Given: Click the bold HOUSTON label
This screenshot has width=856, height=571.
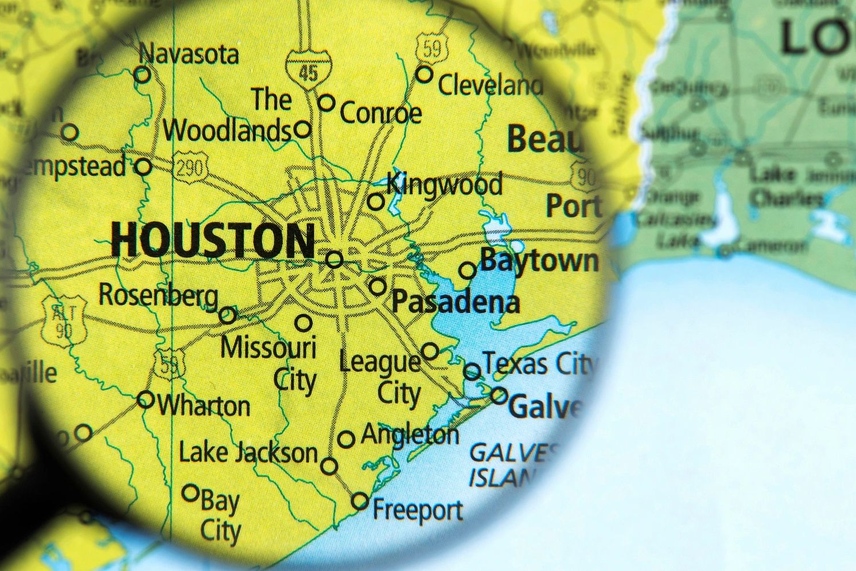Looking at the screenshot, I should [x=212, y=240].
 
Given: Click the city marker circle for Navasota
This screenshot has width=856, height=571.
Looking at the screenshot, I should [x=142, y=75].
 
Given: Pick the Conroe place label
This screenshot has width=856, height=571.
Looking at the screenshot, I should [x=380, y=112].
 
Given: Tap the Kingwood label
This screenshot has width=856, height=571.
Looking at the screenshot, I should [x=445, y=185].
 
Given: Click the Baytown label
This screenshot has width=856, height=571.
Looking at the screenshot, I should [x=539, y=261].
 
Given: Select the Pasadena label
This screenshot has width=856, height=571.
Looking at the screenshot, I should [x=456, y=302].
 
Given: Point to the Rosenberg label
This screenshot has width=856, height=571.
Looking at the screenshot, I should [x=158, y=295].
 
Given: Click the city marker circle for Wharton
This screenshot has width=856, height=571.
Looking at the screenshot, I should [x=146, y=399].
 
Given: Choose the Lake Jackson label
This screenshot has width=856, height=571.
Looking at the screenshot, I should [x=248, y=453].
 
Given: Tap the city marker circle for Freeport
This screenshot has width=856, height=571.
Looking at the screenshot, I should [x=360, y=501].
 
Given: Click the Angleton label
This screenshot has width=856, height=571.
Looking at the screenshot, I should [x=410, y=435].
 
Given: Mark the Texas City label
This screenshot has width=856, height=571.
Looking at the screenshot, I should [x=538, y=363].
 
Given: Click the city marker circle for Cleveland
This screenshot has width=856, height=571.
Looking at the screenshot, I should [x=424, y=74].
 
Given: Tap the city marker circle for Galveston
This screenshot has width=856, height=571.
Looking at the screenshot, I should [x=499, y=396].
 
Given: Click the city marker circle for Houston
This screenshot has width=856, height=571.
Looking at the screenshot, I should [x=334, y=260].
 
